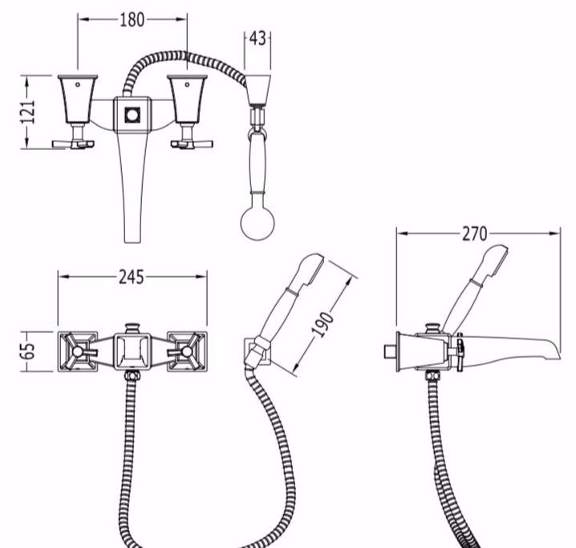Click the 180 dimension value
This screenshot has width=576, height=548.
(132, 20)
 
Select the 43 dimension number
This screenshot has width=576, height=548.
(258, 39)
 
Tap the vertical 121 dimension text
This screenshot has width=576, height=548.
(28, 112)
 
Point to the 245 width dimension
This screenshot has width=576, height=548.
(131, 278)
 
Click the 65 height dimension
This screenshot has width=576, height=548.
(27, 351)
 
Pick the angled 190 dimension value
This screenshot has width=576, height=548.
(323, 325)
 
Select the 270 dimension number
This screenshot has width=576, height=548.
(475, 234)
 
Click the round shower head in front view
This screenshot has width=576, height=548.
(258, 222)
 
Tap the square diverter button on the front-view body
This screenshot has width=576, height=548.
(132, 115)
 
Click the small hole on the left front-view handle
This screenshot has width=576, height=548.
(78, 85)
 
